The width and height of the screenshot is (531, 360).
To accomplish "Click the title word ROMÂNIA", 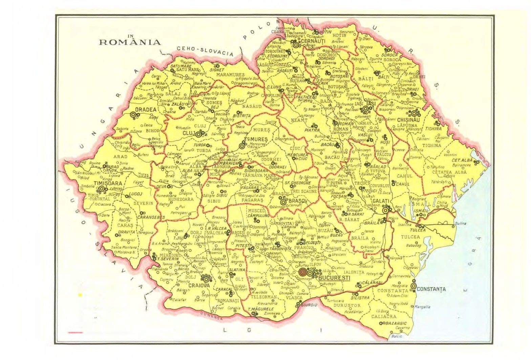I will click(x=129, y=42).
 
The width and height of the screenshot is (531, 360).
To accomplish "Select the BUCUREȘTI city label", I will click(x=334, y=277).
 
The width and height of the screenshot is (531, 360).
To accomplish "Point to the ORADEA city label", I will click(x=146, y=110).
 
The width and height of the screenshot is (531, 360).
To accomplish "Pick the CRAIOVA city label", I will click(x=199, y=285).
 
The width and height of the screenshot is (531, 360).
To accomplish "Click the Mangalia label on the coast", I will click(x=422, y=307).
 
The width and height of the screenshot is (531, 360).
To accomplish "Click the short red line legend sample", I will click(x=75, y=333).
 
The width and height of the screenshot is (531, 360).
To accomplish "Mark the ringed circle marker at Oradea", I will click(x=133, y=115).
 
